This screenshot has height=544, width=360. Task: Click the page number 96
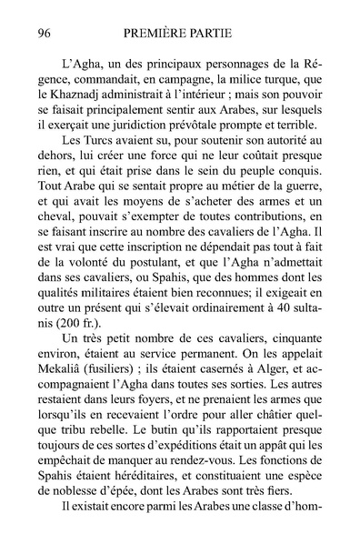tap(40, 34)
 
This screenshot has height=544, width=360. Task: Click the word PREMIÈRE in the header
tap(156, 34)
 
